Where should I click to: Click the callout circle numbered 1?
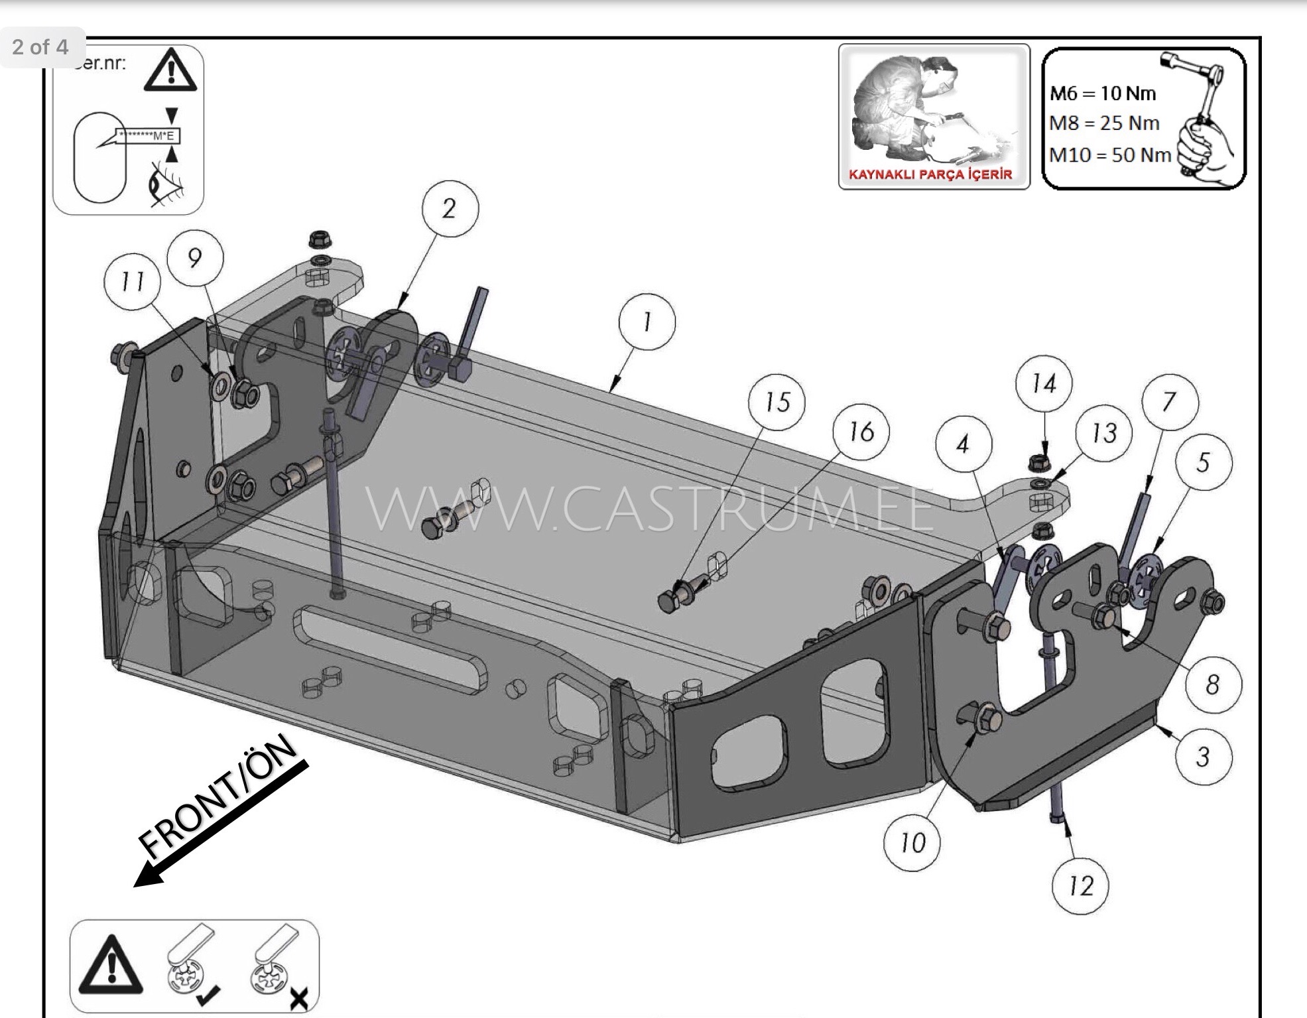pos(647,322)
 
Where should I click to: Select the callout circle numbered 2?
pos(449,208)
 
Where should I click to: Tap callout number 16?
pos(861,432)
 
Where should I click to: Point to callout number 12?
pos(1080,886)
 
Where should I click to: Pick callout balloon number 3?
pos(1203,757)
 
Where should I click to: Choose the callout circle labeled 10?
pos(912,843)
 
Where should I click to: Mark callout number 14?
pos(1044,383)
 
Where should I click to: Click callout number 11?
pos(133,282)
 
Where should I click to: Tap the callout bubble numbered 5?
pos(1204,462)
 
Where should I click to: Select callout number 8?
pos(1212,684)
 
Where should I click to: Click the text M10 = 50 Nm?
pos(1110,155)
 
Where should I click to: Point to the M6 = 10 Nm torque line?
pos(1103,93)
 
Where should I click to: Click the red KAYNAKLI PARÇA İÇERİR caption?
pos(930,175)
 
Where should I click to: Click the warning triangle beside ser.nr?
pos(170,70)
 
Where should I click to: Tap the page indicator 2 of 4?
pos(40,47)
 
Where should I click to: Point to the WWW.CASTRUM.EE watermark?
pos(650,509)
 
